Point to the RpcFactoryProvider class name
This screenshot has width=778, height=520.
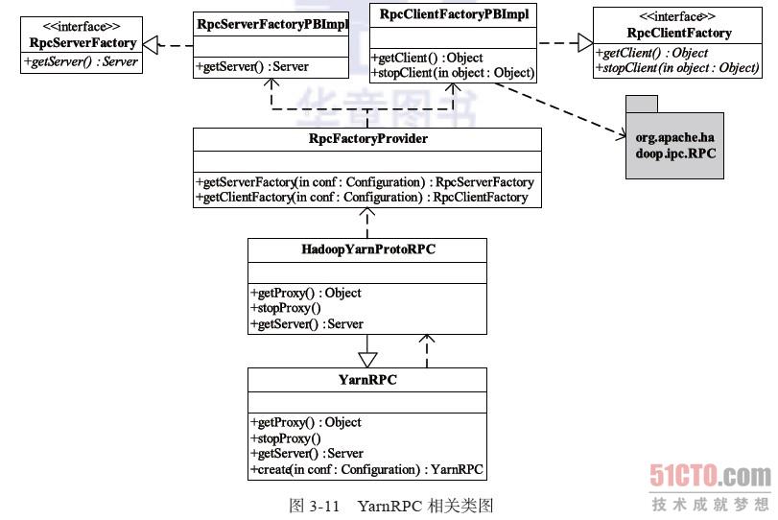[367, 139]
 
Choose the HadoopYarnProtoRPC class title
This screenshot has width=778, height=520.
[367, 249]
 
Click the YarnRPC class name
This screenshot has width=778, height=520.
[367, 380]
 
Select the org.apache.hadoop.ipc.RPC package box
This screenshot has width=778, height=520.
[674, 144]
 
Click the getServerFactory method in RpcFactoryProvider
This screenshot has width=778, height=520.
[365, 182]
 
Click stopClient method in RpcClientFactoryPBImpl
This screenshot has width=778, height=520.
[452, 72]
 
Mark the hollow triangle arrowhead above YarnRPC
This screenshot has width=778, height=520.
[367, 359]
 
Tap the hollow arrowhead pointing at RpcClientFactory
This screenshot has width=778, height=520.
[583, 41]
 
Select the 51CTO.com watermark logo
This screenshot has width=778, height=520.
[710, 476]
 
